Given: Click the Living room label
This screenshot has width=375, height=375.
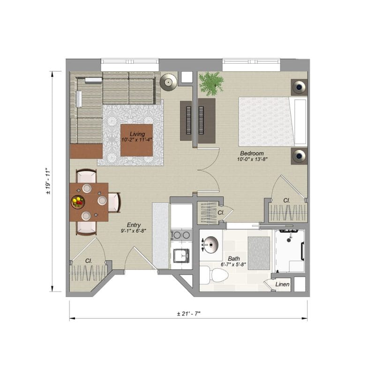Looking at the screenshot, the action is point(137,134).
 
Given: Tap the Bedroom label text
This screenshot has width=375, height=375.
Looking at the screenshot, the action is point(252,153).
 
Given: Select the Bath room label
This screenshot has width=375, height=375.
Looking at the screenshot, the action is point(233,259).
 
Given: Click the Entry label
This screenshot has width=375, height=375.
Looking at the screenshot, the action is point(134,225).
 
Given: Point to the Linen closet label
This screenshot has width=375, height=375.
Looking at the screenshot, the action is point(282,285).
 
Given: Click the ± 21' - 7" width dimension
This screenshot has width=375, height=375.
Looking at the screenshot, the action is point(188,314).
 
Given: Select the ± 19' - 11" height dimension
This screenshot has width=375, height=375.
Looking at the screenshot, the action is point(48,181).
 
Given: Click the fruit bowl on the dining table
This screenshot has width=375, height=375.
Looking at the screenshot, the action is point(78,202).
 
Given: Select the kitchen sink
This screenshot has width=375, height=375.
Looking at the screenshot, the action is point(181,255).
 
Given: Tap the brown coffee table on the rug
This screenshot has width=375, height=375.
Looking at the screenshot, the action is point(136,140).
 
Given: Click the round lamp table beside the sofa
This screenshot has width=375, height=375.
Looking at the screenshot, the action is point(169,82).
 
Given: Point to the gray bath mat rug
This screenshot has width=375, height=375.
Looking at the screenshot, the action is point(259,253).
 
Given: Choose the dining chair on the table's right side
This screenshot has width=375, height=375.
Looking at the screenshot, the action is point(114,202).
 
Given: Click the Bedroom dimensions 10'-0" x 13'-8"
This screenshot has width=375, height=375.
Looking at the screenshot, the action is point(252,159).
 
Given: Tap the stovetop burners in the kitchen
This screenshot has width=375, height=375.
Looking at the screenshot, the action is point(181,235).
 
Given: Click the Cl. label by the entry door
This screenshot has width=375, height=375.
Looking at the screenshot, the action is point(89,261).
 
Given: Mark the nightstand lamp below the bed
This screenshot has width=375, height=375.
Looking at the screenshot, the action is point(299,156).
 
